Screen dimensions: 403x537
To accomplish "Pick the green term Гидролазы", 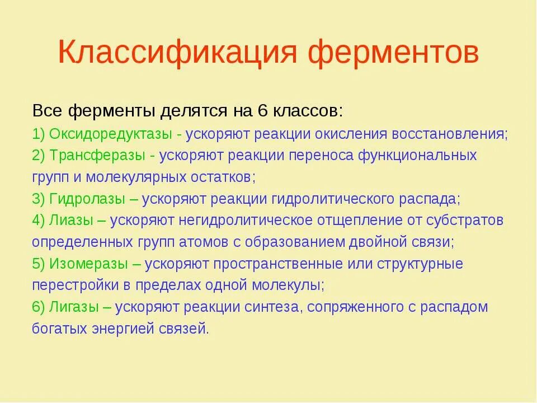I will pos(87,199).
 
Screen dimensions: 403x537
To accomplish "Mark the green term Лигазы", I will pos(74,307).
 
